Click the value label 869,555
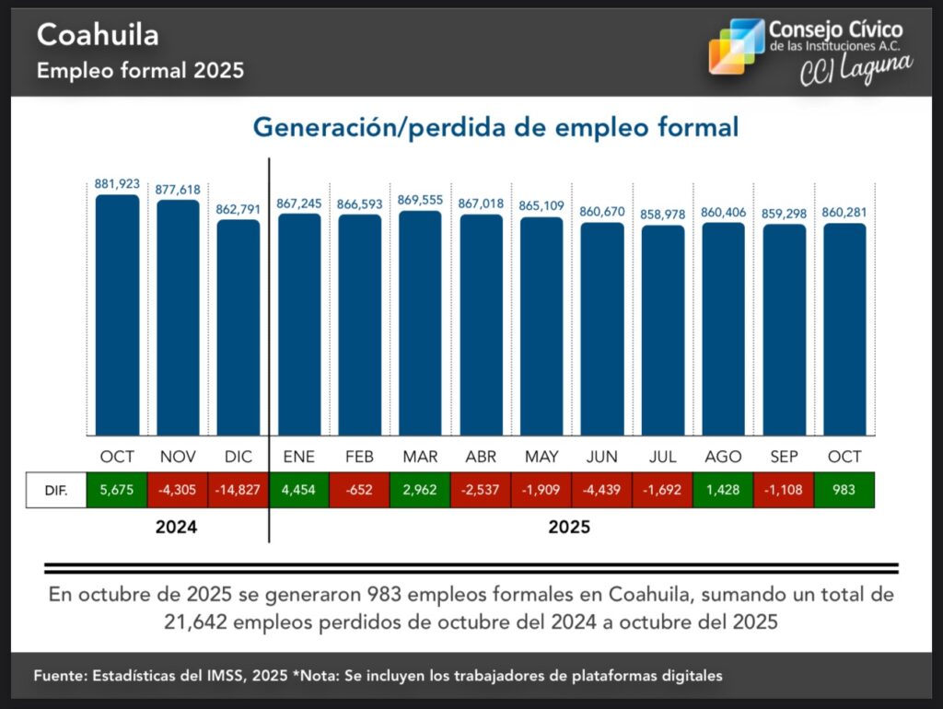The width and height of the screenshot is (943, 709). click(x=420, y=199)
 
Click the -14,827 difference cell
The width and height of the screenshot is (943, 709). click(x=239, y=490)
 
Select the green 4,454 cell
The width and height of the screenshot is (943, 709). click(x=299, y=490)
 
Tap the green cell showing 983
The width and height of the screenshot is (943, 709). click(x=844, y=490)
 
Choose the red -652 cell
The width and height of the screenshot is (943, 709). click(x=359, y=490)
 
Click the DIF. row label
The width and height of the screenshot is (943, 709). click(x=55, y=490)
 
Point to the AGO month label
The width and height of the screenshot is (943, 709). click(x=723, y=457)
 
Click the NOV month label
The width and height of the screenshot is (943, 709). click(x=178, y=457)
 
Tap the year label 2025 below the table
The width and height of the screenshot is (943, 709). click(x=569, y=529)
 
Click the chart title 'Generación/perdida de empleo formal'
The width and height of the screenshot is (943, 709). click(x=495, y=127)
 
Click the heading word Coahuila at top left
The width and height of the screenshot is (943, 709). click(x=98, y=35)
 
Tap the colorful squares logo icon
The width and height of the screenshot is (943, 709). click(x=736, y=46)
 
